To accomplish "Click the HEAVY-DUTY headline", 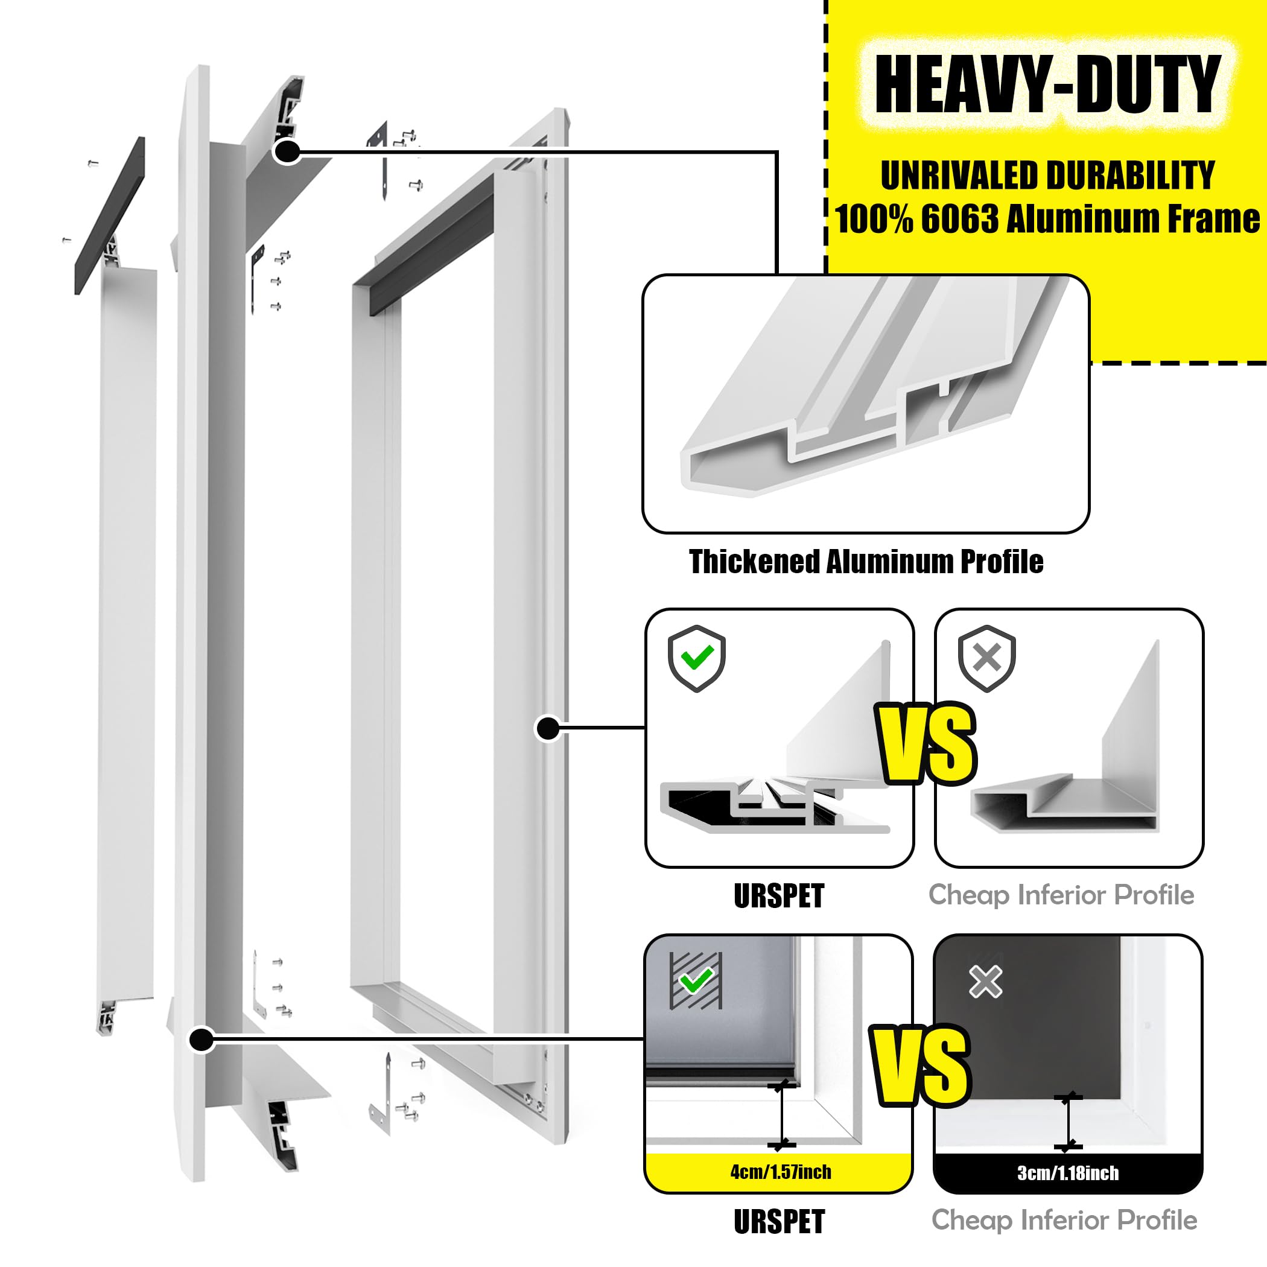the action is [1047, 84].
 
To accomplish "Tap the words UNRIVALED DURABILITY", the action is [1047, 176].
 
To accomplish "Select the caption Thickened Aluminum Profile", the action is [866, 562].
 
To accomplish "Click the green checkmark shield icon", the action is [696, 658].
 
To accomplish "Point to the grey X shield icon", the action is [987, 658].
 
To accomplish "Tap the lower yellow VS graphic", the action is [920, 1065].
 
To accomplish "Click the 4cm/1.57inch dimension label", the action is [780, 1172].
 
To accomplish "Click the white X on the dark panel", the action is [986, 982].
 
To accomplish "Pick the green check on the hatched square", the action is [696, 981].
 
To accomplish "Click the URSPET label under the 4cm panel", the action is [779, 1222].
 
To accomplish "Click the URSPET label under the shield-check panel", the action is [779, 896].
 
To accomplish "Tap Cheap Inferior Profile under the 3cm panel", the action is [1064, 1221].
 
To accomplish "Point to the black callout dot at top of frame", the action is [287, 152].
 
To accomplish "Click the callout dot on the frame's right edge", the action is [548, 728].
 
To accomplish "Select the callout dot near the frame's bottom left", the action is [202, 1040].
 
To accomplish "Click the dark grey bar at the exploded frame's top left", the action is [110, 216].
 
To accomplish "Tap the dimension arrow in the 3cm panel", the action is [1068, 1122].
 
